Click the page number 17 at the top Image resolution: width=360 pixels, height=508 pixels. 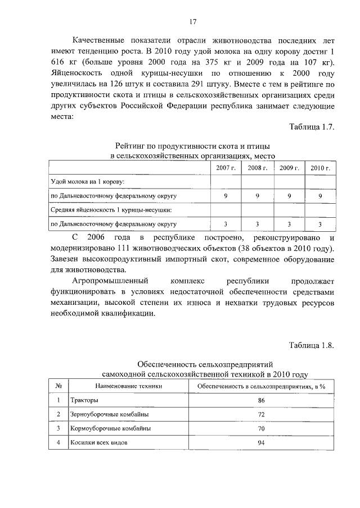pos(192,22)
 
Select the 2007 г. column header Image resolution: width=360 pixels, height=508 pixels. pos(226,168)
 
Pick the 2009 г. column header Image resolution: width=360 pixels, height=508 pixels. pos(289,168)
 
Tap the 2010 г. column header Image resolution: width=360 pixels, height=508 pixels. pos(320,168)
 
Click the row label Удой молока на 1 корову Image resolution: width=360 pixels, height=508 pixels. pos(88,182)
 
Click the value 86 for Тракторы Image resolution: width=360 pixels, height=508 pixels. pos(261,400)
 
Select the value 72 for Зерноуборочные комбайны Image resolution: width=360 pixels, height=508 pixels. pos(261,414)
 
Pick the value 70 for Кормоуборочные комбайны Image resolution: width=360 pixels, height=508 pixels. pos(261,428)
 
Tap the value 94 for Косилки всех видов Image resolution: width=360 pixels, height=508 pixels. pos(261,442)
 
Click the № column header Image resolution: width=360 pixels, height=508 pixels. pos(58,386)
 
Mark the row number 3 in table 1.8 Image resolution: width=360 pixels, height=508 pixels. pos(58,428)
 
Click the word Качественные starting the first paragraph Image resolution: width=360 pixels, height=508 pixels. pos(103,41)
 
